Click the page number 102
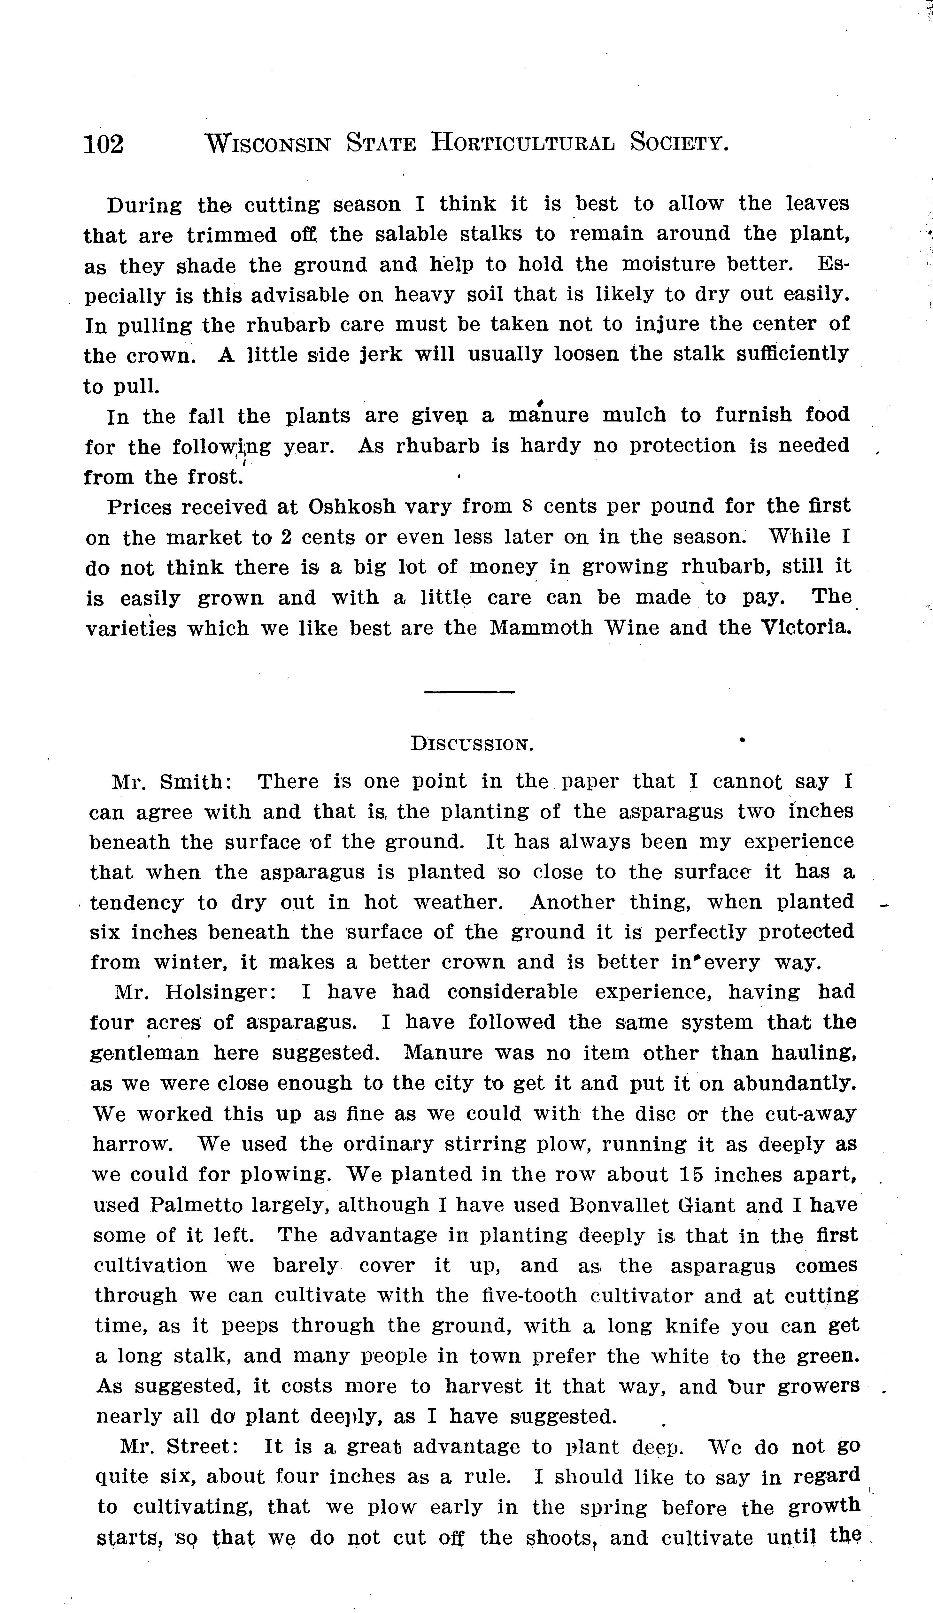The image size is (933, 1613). pyautogui.click(x=104, y=144)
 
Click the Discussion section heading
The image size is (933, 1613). pyautogui.click(x=472, y=745)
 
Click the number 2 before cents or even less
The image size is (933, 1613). pyautogui.click(x=287, y=537)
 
